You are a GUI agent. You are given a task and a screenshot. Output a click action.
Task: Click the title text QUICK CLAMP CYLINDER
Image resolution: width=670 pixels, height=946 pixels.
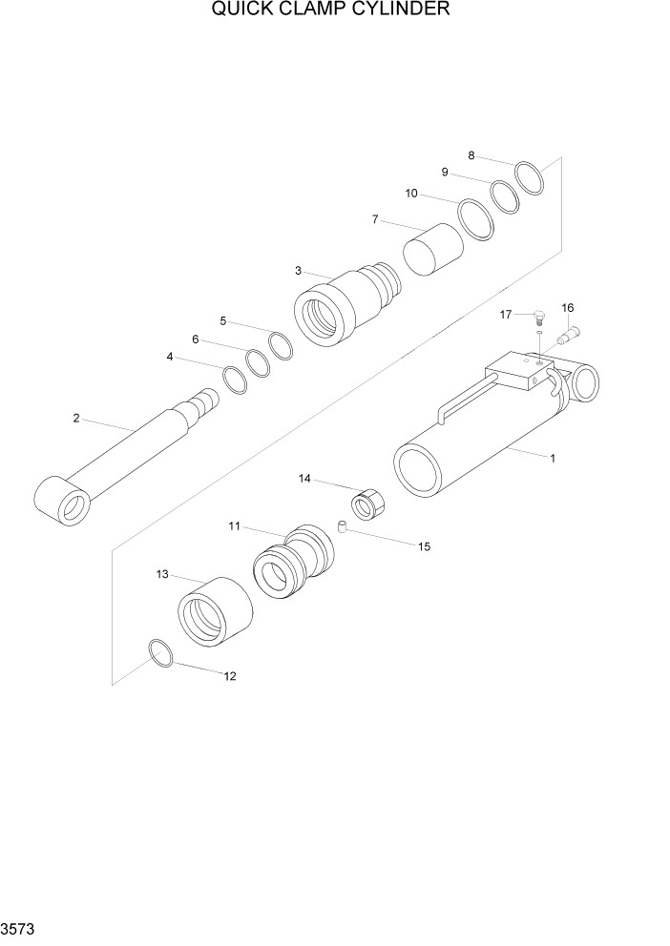[330, 10]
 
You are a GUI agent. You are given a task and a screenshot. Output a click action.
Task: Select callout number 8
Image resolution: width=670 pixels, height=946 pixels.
[471, 155]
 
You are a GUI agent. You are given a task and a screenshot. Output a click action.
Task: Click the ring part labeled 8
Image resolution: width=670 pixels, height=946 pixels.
[530, 177]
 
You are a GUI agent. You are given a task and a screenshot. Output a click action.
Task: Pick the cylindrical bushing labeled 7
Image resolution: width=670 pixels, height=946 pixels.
[432, 248]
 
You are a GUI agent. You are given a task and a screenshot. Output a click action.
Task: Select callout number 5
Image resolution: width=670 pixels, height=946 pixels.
[223, 320]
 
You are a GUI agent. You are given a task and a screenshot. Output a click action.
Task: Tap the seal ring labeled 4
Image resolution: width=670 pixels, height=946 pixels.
[235, 380]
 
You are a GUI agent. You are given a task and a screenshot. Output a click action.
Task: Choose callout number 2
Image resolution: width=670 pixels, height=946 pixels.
[76, 418]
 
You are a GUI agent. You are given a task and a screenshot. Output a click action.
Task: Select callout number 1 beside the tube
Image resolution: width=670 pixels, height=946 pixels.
[552, 459]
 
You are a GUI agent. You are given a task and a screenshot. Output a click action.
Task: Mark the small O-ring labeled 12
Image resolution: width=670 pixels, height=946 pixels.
[161, 654]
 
